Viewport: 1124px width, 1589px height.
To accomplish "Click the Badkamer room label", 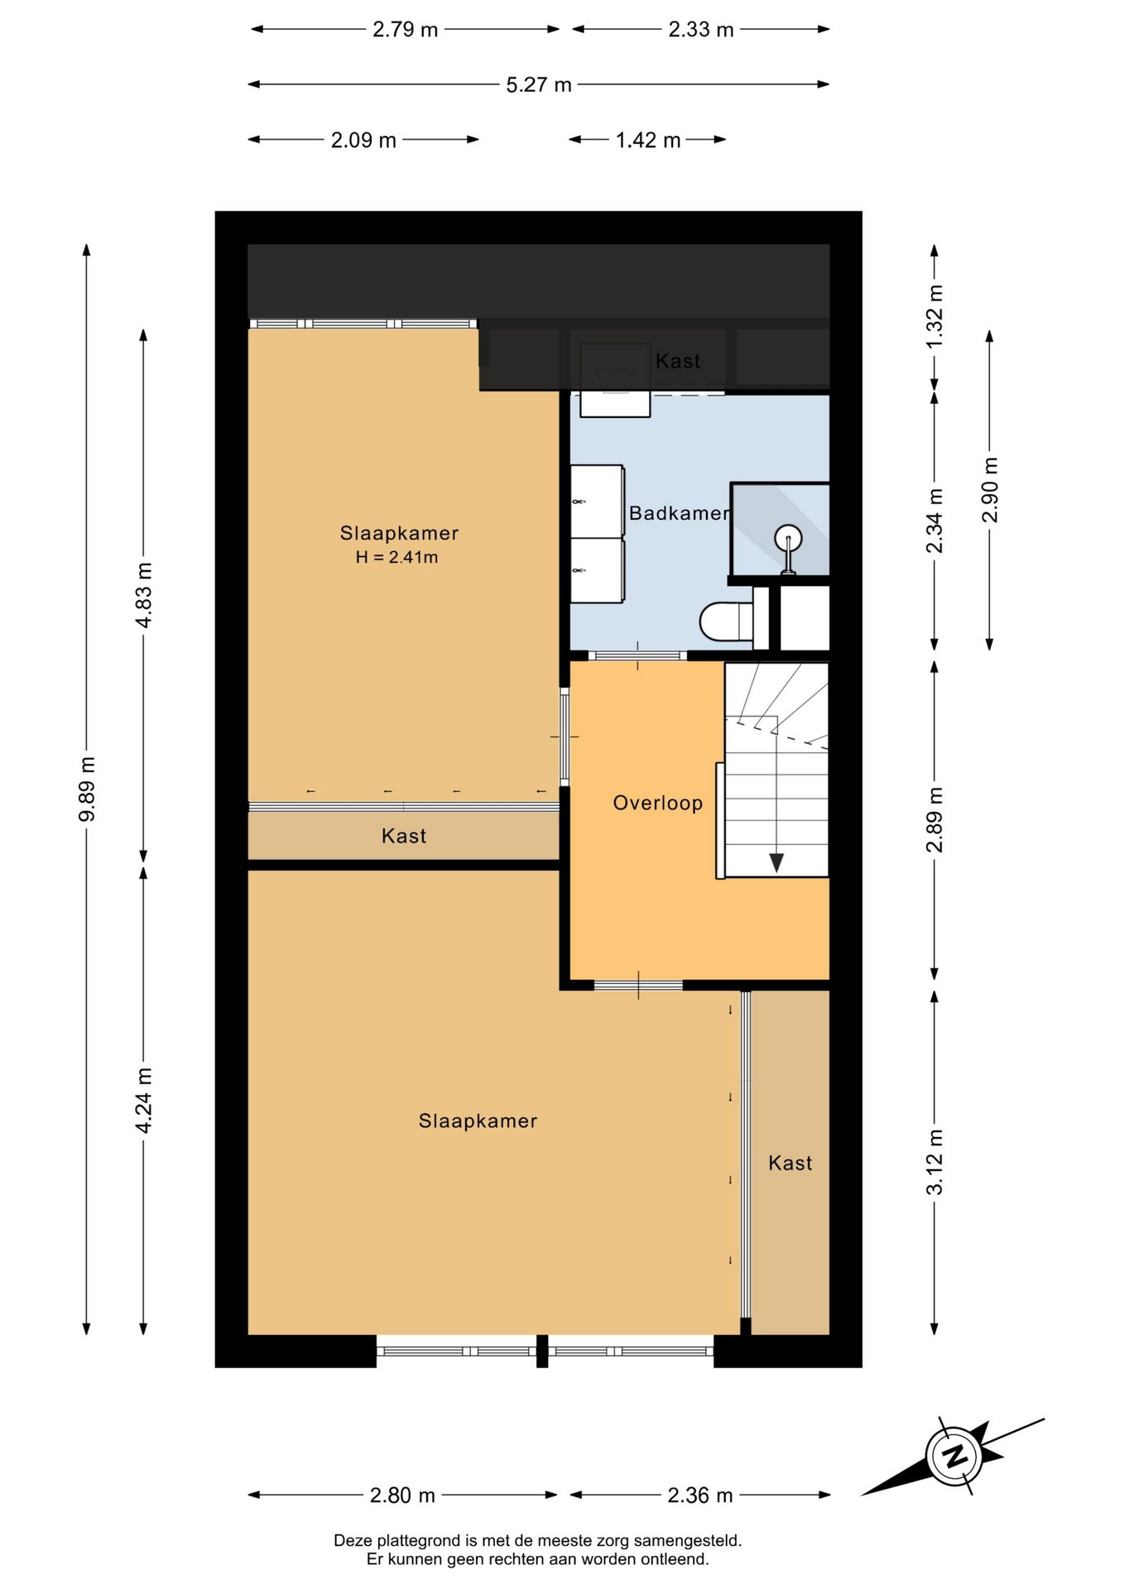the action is [x=680, y=513].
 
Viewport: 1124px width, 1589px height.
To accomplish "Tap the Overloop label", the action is [x=658, y=803].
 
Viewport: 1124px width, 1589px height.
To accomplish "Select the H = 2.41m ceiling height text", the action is [x=397, y=557].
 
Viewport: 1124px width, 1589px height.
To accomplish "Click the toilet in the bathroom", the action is [x=726, y=621].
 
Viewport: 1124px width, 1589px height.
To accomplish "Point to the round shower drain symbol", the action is [x=788, y=539].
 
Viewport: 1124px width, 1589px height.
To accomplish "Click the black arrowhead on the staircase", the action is [x=776, y=862].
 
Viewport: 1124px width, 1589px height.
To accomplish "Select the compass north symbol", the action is [x=955, y=1456].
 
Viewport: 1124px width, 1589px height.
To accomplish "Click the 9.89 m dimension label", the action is [x=87, y=789].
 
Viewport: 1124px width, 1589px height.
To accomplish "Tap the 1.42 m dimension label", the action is [x=648, y=141].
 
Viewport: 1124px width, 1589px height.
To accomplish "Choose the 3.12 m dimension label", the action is [x=934, y=1162].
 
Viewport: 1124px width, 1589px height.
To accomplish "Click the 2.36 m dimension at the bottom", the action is [x=700, y=1495].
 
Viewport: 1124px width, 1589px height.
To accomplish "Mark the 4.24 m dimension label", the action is [x=144, y=1101].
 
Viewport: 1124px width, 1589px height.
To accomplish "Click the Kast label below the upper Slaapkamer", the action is [x=404, y=836].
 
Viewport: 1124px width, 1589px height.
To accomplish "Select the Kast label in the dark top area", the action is [x=678, y=361].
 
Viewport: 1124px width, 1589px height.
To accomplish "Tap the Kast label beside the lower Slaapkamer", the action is [x=790, y=1163].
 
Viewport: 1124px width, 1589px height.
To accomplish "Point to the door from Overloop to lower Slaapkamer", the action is [x=638, y=985].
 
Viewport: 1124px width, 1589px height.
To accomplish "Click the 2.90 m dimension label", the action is [x=990, y=490].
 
